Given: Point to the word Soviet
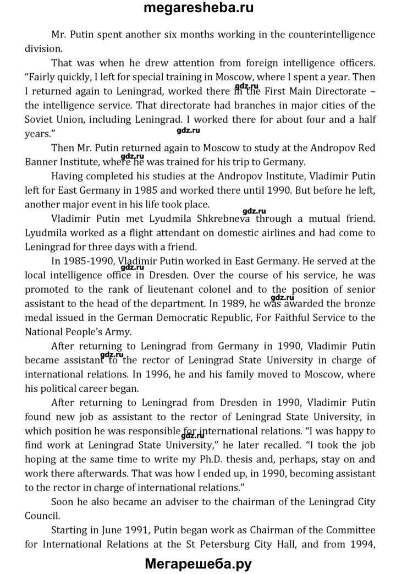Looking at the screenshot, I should [x=40, y=119].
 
